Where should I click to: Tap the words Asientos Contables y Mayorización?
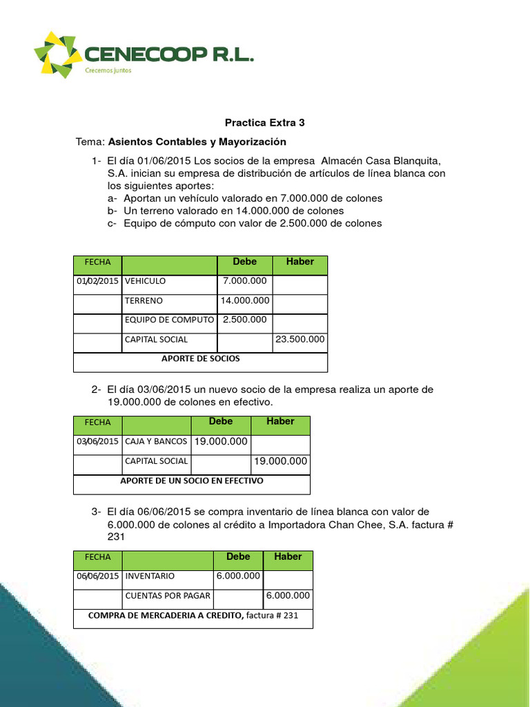[197, 142]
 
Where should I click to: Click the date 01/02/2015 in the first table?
[97, 282]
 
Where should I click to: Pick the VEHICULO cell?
[146, 282]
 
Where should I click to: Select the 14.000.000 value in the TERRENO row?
[245, 301]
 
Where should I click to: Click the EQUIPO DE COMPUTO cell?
[169, 320]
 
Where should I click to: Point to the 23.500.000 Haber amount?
[300, 340]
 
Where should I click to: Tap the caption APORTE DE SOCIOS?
[200, 359]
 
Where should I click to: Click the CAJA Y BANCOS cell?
[156, 441]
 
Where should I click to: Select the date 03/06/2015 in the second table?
[97, 441]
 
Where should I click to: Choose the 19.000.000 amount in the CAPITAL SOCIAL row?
[280, 461]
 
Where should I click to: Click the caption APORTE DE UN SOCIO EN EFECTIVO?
[192, 481]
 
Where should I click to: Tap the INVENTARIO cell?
[150, 576]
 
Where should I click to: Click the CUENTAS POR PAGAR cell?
[168, 596]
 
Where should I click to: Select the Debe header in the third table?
[239, 556]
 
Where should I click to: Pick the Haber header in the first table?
[300, 262]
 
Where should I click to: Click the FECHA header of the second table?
[97, 422]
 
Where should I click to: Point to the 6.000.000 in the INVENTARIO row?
[238, 576]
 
